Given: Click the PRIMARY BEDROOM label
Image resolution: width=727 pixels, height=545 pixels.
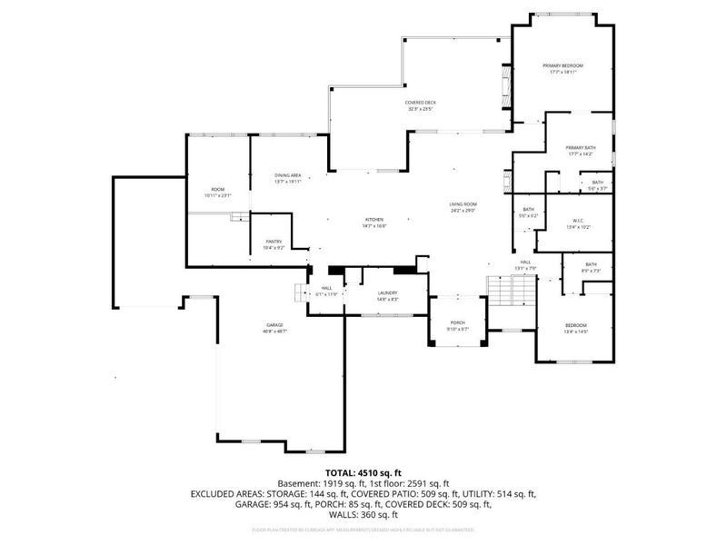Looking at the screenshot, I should tap(563, 66).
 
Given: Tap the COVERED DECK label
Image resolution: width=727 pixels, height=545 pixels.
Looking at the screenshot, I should tap(420, 103).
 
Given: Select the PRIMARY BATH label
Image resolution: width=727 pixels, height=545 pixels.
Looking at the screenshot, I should tap(580, 148).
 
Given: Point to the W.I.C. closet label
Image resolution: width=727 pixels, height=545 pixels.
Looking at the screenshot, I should tap(578, 221).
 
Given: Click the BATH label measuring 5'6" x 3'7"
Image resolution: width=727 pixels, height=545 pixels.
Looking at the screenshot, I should tap(596, 183).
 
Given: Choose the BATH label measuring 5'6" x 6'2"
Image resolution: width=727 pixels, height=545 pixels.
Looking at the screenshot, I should tap(528, 210).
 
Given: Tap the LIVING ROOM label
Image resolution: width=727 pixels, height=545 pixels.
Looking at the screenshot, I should tap(463, 204).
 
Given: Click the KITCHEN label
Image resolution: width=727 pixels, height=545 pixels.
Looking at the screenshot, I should tap(375, 220).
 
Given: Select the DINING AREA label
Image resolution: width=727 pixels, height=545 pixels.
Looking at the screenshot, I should tap(288, 175).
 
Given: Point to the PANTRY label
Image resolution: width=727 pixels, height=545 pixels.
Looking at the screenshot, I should tap(274, 242).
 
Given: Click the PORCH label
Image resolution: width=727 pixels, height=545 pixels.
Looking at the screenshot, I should tap(458, 322).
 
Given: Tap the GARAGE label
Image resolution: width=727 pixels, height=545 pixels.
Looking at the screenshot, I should tap(274, 325).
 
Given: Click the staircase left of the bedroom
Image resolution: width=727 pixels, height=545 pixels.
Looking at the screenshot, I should tap(512, 291).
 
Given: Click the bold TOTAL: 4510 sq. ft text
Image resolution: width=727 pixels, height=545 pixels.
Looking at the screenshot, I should tap(363, 473).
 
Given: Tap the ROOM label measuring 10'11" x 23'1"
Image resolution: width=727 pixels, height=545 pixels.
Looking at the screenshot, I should tap(217, 189).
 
